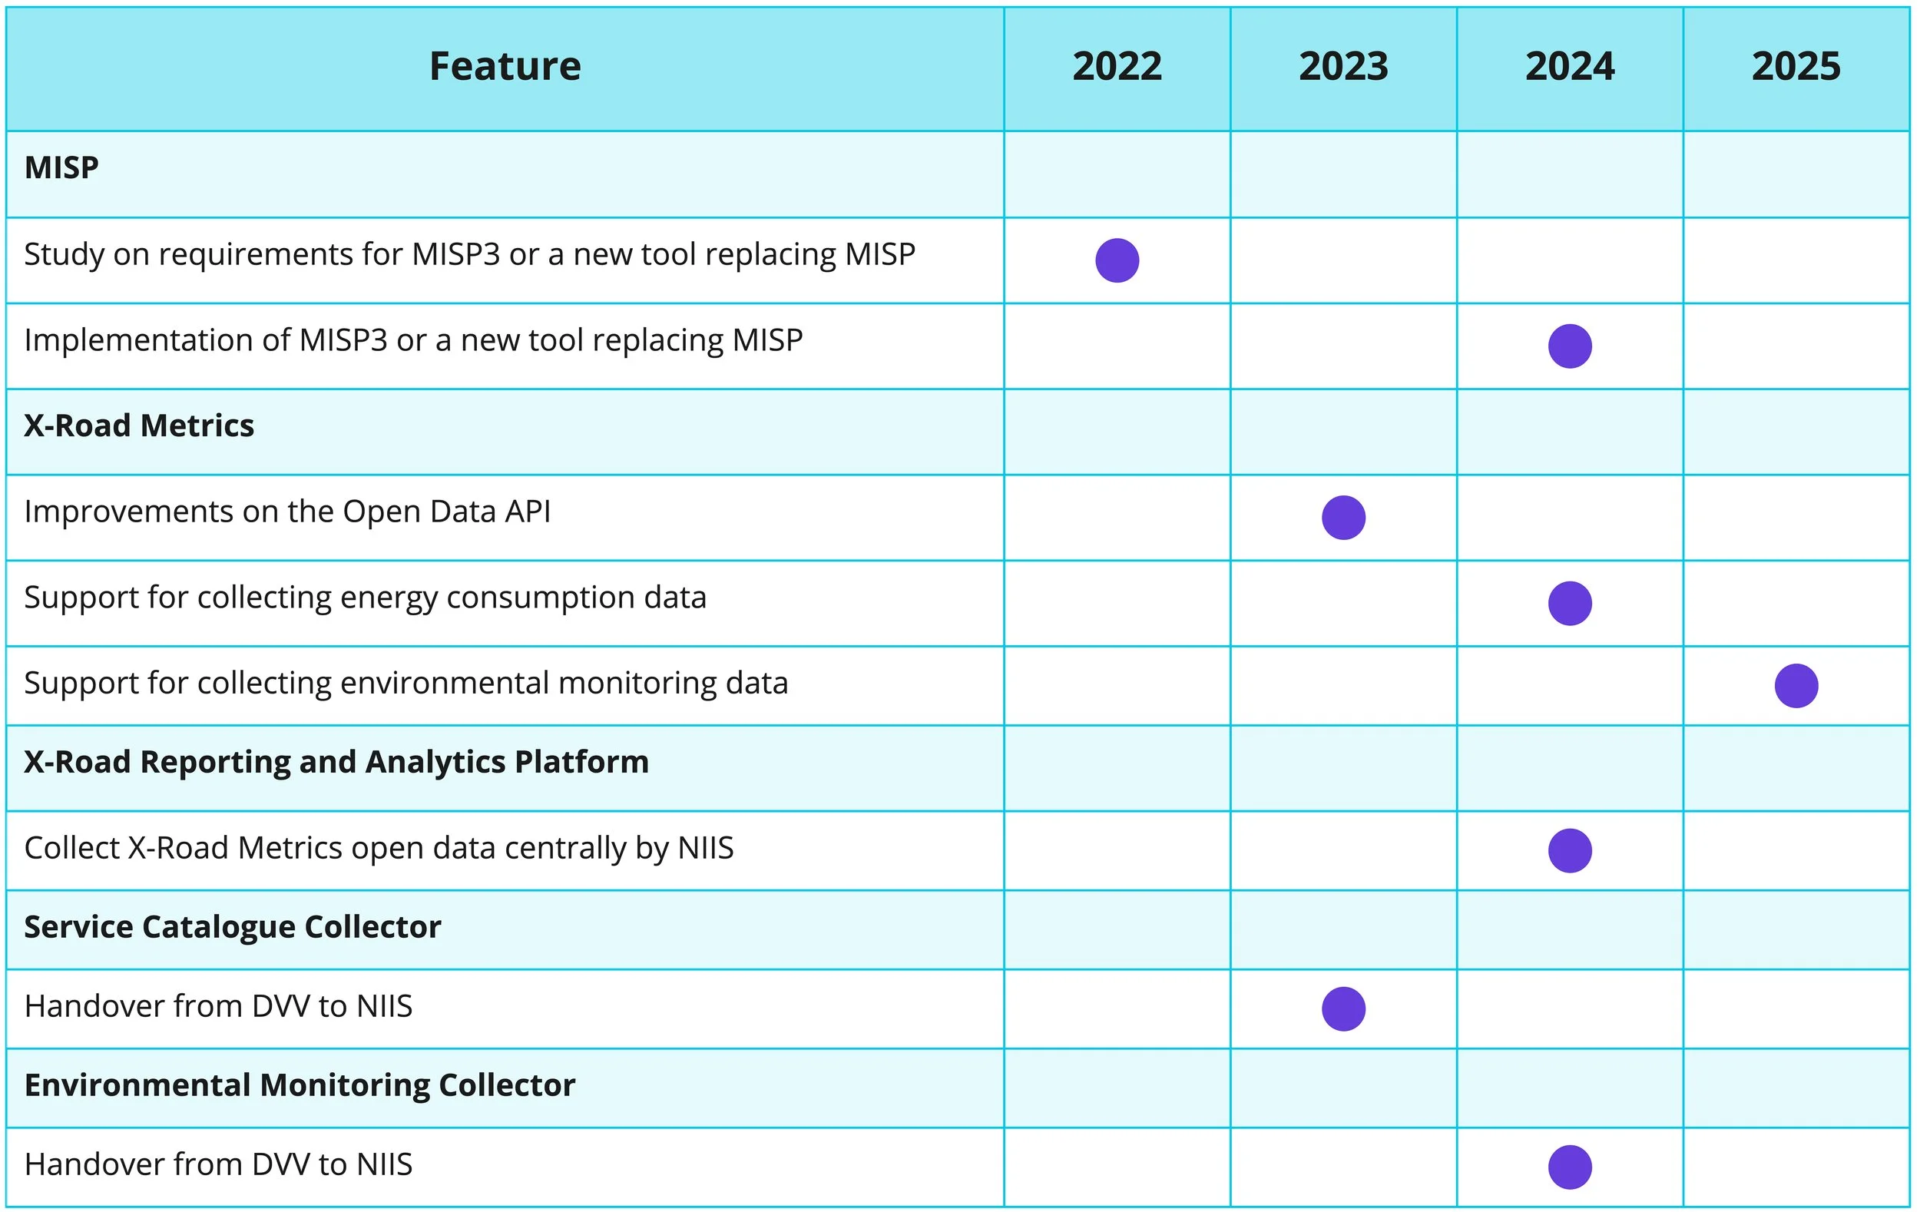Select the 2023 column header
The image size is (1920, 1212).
pyautogui.click(x=1342, y=66)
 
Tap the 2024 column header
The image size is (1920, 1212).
pyautogui.click(x=1569, y=66)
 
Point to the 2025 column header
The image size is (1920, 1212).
pyautogui.click(x=1796, y=66)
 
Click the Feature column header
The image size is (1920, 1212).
pyautogui.click(x=505, y=66)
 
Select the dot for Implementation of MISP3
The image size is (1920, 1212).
pyautogui.click(x=1569, y=346)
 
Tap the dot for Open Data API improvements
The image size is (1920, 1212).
pyautogui.click(x=1342, y=518)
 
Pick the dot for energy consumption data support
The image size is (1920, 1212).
pyautogui.click(x=1569, y=603)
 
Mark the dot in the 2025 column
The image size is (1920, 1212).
pyautogui.click(x=1796, y=686)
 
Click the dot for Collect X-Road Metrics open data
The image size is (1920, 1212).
pyautogui.click(x=1569, y=850)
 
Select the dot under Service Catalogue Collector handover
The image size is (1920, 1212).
pyautogui.click(x=1342, y=1008)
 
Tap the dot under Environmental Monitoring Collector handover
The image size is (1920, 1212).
pyautogui.click(x=1569, y=1167)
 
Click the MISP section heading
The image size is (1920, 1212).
pyautogui.click(x=61, y=167)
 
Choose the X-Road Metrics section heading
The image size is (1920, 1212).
pyautogui.click(x=139, y=426)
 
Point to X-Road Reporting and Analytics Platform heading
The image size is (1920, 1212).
pyautogui.click(x=336, y=762)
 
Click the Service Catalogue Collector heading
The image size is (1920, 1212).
pyautogui.click(x=232, y=927)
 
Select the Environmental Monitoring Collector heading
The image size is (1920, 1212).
pyautogui.click(x=299, y=1085)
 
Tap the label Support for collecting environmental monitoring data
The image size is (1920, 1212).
pyautogui.click(x=405, y=684)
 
